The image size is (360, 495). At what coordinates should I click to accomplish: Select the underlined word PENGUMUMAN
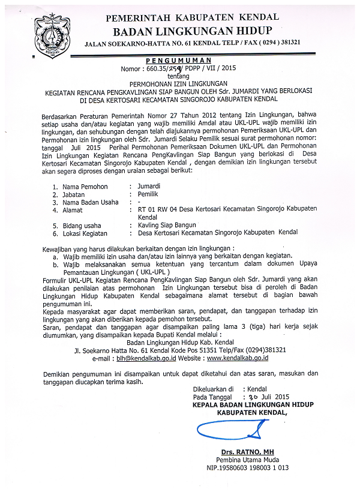(x=179, y=61)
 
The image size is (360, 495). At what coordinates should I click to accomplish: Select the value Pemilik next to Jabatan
(x=148, y=194)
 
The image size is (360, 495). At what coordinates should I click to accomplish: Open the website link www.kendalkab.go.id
(x=237, y=358)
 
